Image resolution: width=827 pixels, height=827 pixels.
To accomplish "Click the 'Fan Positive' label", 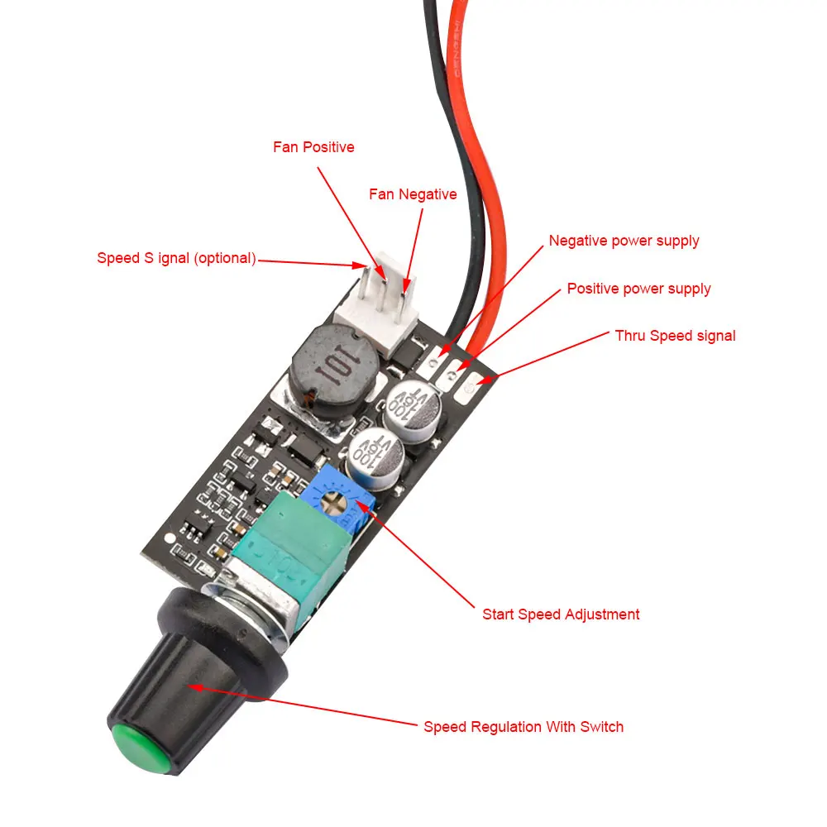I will (313, 147).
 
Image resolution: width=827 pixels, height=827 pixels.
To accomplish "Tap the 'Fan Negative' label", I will (412, 194).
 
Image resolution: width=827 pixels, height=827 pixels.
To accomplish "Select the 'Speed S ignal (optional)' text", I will (175, 258).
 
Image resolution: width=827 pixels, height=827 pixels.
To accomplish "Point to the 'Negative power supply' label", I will (624, 241).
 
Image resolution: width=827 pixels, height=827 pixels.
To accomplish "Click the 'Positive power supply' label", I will (638, 289).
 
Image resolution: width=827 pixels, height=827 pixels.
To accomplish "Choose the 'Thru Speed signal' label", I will (675, 336).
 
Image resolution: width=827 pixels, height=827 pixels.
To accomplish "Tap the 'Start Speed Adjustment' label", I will (561, 614).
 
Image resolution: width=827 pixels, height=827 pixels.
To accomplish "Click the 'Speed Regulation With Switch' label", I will (523, 727).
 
